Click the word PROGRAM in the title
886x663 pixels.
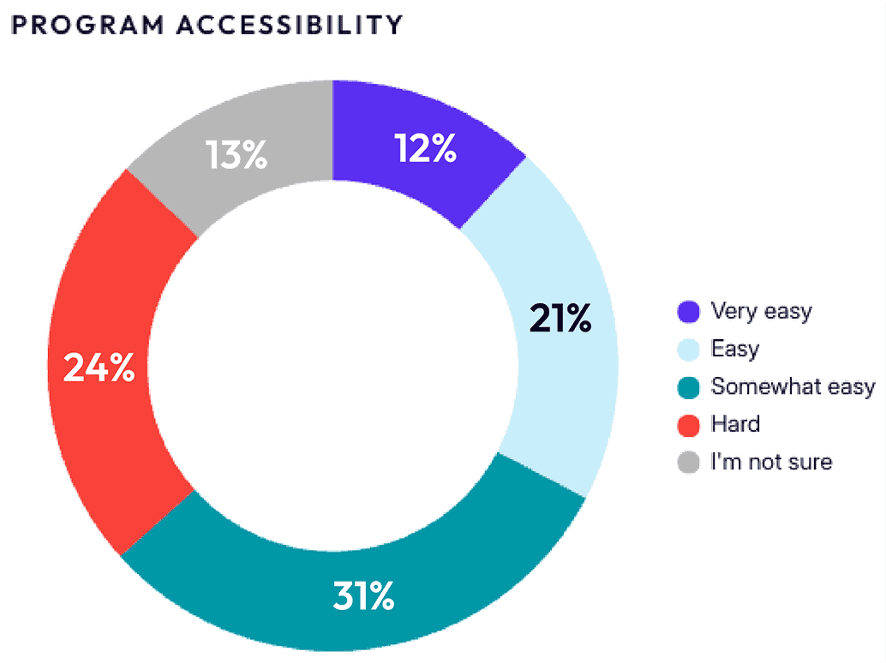86,25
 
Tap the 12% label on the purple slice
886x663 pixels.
425,149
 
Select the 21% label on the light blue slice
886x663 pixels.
560,319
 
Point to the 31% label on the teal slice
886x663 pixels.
363,596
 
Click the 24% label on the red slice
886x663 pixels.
99,368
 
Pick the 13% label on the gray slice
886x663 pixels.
236,157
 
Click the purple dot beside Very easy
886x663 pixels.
688,312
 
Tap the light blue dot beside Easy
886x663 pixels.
688,349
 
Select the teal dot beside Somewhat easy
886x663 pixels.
688,387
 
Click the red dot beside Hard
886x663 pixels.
688,425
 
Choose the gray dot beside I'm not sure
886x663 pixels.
688,463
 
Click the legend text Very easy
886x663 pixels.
761,311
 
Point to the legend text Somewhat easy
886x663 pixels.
793,387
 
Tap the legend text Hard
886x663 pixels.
735,424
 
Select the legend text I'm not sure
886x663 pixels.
771,463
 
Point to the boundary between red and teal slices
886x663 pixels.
158,523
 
